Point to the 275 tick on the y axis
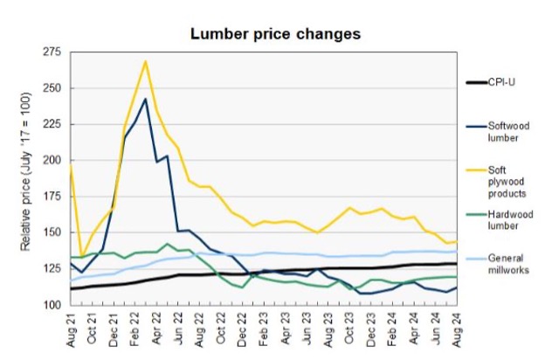coord(55,52)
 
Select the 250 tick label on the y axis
coord(55,88)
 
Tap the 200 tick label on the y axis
coord(55,161)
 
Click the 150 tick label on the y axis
coord(55,232)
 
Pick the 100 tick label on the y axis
coord(55,305)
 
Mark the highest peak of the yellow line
coord(145,60)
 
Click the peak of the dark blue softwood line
coord(145,99)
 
